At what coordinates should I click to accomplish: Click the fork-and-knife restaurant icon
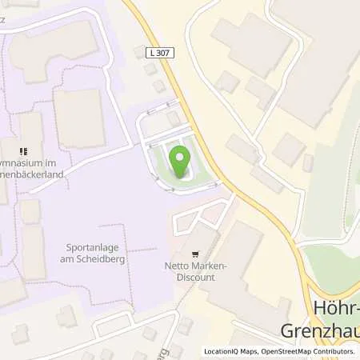(23, 150)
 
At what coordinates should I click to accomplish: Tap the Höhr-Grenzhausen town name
(319, 319)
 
